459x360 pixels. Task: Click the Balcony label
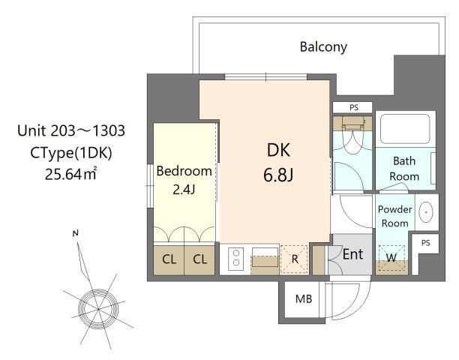[323, 46]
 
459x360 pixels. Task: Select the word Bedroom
[184, 171]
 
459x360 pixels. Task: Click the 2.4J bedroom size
[184, 189]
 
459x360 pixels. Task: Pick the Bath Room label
[404, 169]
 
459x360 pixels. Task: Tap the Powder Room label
[394, 216]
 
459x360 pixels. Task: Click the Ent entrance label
[352, 254]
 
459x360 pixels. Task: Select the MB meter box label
[303, 299]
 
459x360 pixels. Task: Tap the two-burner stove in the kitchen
[234, 259]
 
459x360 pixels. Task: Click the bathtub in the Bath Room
[404, 130]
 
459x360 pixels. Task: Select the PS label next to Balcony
[354, 107]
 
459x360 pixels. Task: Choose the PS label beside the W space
[425, 244]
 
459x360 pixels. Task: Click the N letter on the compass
[75, 234]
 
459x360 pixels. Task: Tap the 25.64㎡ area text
[72, 175]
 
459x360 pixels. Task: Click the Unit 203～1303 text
[71, 131]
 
